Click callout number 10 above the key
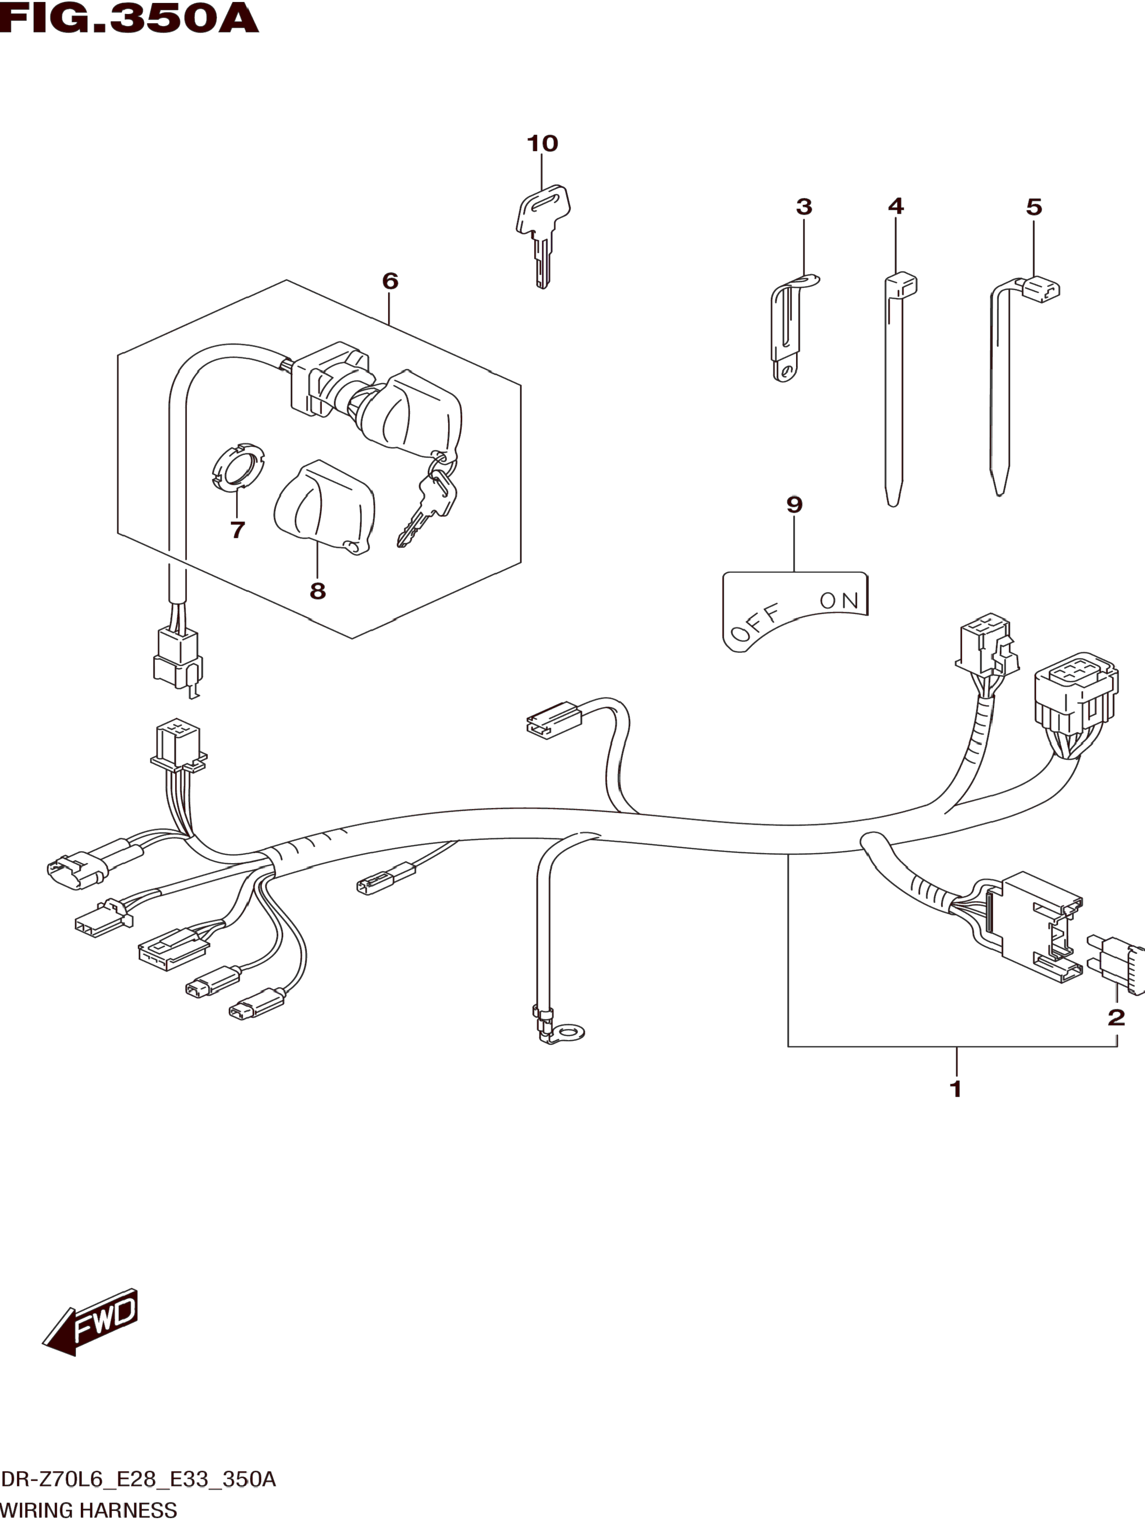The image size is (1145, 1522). [x=542, y=144]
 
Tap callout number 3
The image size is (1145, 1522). [x=804, y=207]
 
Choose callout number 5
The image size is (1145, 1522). [x=1033, y=207]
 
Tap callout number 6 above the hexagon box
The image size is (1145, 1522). [x=390, y=281]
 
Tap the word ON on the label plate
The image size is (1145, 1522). [x=839, y=601]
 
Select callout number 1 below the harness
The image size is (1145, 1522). [x=955, y=1089]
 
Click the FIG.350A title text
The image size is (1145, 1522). [x=129, y=19]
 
